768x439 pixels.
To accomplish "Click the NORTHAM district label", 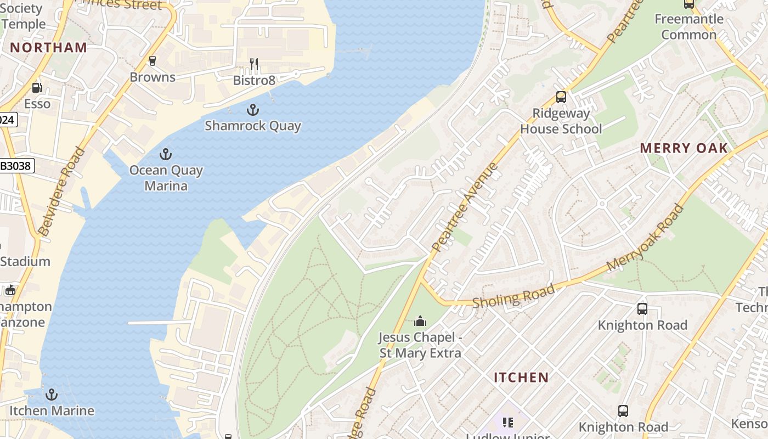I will coord(49,48).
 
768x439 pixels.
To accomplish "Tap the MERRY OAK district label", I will coord(684,148).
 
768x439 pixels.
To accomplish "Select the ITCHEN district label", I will coord(521,378).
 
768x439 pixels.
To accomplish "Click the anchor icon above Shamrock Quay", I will coord(253,110).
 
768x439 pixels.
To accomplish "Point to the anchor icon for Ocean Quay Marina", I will coord(166,154).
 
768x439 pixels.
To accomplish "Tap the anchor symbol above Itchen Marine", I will coord(52,395).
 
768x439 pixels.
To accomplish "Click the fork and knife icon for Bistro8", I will coord(254,65).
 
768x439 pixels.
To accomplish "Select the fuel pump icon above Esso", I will coord(37,87).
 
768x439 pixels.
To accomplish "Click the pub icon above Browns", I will coord(153,61).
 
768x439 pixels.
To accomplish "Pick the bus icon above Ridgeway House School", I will coord(561,97).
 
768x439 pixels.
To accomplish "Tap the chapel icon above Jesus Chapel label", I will coord(420,320).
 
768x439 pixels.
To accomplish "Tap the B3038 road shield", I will coord(16,165).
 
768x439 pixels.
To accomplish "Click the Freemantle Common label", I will coord(688,27).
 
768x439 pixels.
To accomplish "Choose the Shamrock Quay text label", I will coord(253,126).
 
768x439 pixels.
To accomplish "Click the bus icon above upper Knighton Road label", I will coord(642,309).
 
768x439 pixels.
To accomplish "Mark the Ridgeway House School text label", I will coord(561,121).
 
